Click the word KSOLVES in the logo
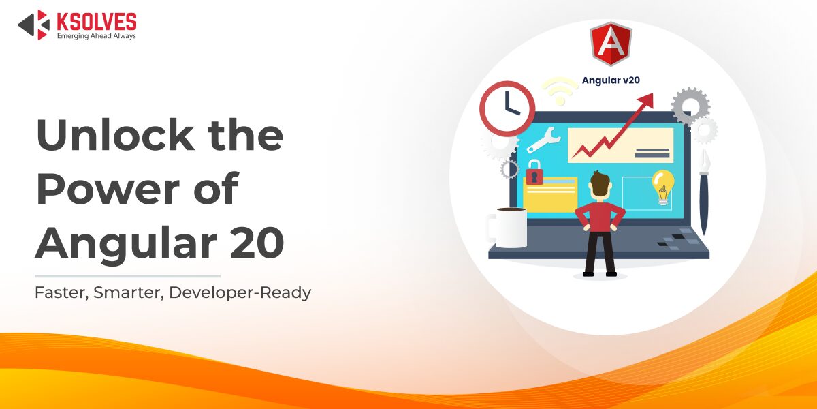click(97, 21)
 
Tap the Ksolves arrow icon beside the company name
click(34, 25)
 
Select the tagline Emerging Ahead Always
click(96, 35)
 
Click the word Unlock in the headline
click(115, 135)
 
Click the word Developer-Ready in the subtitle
click(240, 293)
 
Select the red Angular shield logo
click(611, 44)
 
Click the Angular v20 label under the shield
click(611, 80)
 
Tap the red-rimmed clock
click(507, 108)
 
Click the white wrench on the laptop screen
click(543, 140)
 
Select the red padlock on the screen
click(534, 172)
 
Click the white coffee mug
click(507, 228)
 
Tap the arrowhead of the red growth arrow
click(647, 100)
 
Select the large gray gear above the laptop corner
click(690, 106)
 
